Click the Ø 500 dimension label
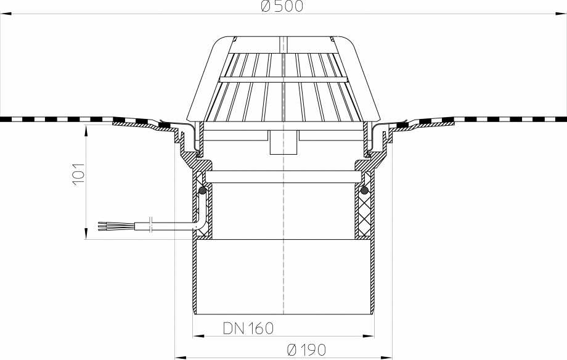tap(282, 6)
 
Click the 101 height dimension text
tap(78, 174)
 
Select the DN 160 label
tap(248, 328)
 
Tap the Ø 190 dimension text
tap(306, 350)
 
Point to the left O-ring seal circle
tap(203, 189)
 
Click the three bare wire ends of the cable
tap(104, 226)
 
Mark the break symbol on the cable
tap(152, 224)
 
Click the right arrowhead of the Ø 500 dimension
tap(561, 14)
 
